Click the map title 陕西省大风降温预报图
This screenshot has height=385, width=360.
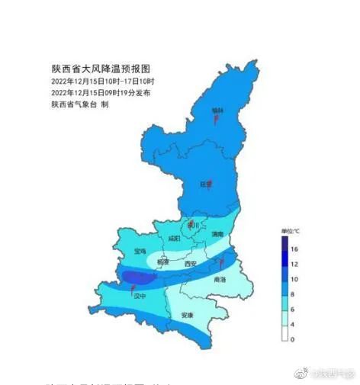point(89,69)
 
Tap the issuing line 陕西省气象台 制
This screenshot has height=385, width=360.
point(80,104)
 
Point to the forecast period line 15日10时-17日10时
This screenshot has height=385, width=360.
point(103,81)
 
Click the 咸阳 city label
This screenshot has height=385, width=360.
point(174,239)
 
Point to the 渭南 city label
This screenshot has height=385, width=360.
point(217,234)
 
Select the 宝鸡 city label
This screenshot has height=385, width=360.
point(140,250)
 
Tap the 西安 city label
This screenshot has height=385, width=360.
point(191,264)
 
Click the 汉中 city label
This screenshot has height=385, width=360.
point(140,297)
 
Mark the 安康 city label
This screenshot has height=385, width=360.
point(187,315)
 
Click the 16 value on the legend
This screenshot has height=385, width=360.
point(293,249)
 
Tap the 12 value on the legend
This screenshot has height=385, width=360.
point(293,264)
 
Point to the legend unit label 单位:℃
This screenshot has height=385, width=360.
point(291,230)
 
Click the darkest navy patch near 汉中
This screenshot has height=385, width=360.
point(139,277)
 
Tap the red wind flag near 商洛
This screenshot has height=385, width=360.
point(221,264)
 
